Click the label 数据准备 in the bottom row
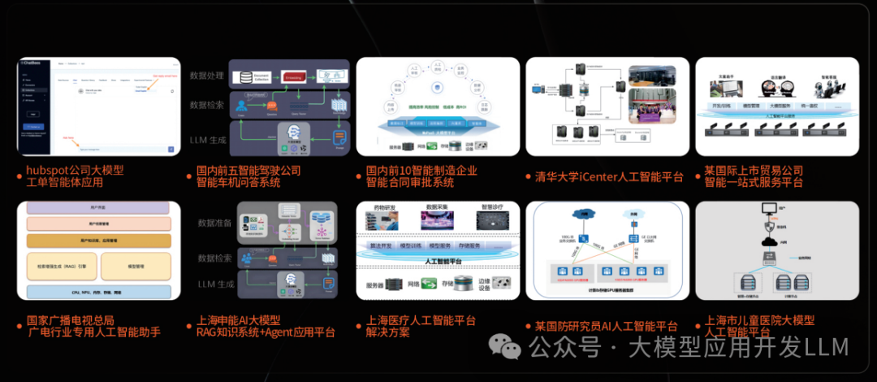[214, 223]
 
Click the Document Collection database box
[253, 78]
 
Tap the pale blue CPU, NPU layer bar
[99, 291]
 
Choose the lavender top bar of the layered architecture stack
[99, 208]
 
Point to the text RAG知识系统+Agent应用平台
[266, 332]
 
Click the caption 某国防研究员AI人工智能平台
[606, 327]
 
